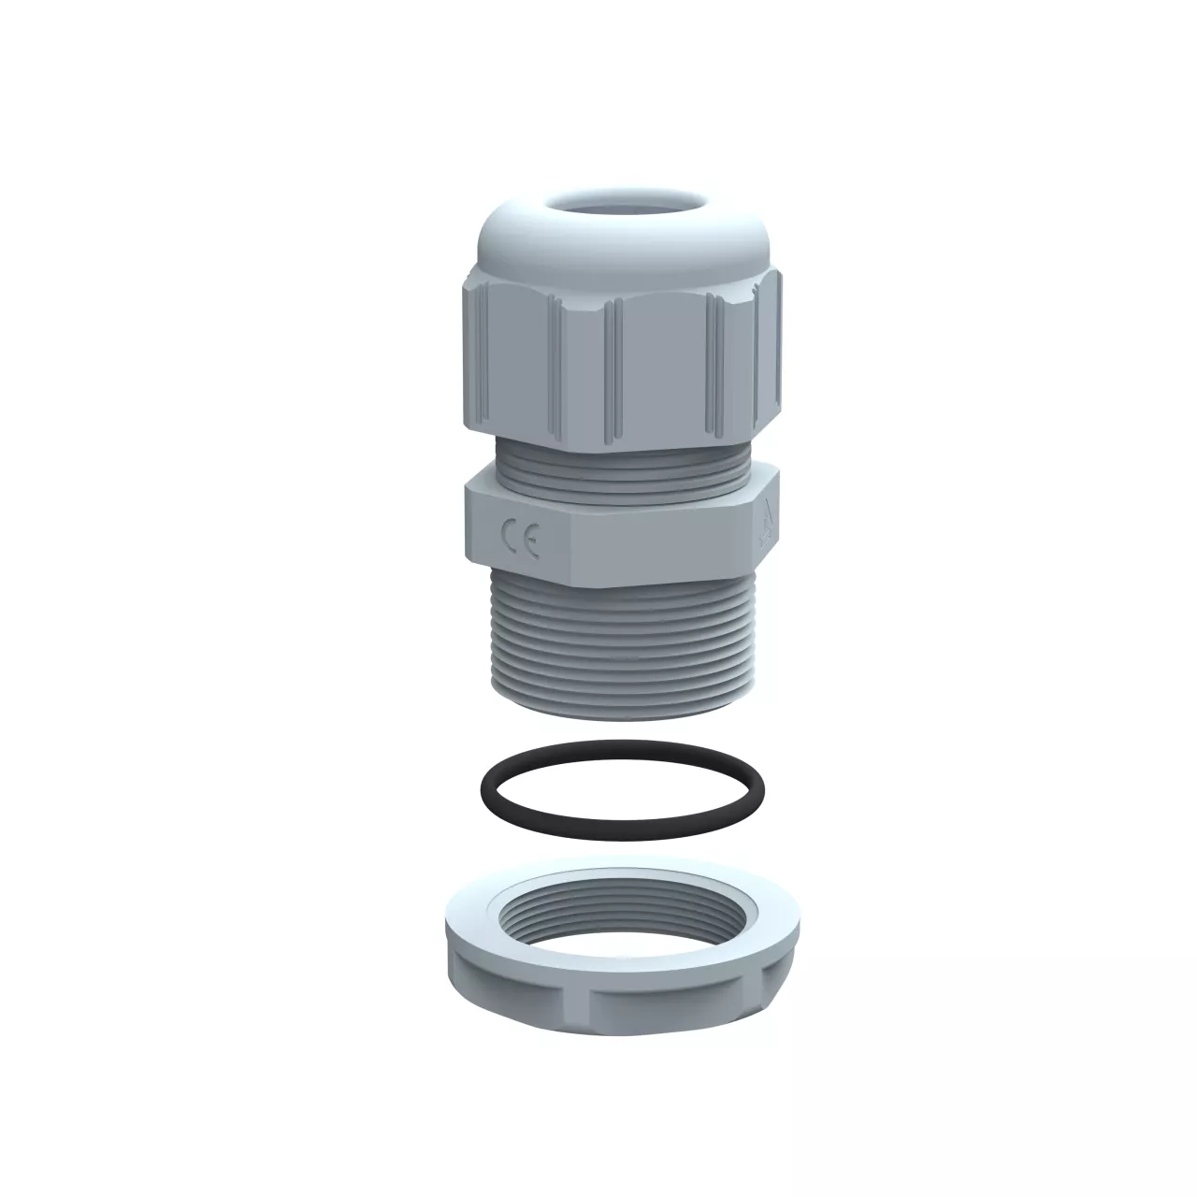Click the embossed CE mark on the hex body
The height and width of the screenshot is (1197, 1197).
(519, 540)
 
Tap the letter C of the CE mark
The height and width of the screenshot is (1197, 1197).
(510, 536)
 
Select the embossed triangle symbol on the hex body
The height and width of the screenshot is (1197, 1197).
(767, 524)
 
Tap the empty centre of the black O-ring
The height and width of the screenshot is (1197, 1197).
(623, 789)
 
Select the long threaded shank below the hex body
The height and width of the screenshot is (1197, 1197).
(623, 646)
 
